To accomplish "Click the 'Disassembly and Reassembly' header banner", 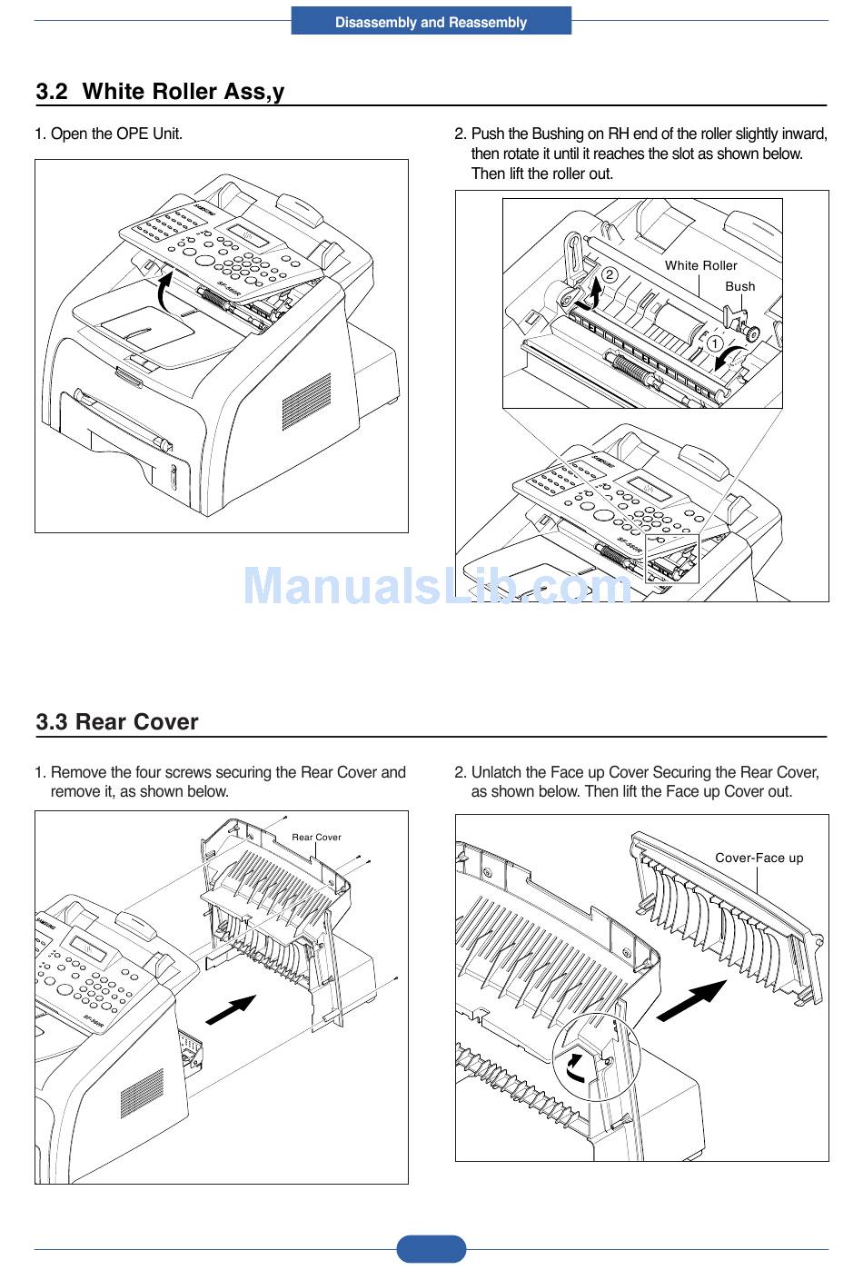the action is tap(431, 22).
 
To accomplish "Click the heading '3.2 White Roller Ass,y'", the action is tap(160, 92).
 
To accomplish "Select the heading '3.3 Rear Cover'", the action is tap(116, 722).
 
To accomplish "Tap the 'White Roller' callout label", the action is tap(700, 265).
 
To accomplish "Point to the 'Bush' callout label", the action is tap(739, 286).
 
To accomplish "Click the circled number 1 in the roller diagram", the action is tap(715, 344).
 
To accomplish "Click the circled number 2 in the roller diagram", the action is tap(610, 274).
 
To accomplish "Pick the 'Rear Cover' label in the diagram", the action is tap(316, 837).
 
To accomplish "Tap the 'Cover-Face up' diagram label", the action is tap(759, 858).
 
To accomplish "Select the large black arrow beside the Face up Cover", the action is tap(691, 1001).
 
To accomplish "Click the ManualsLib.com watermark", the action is tap(436, 586).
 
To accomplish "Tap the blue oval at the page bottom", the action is tap(431, 1249).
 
